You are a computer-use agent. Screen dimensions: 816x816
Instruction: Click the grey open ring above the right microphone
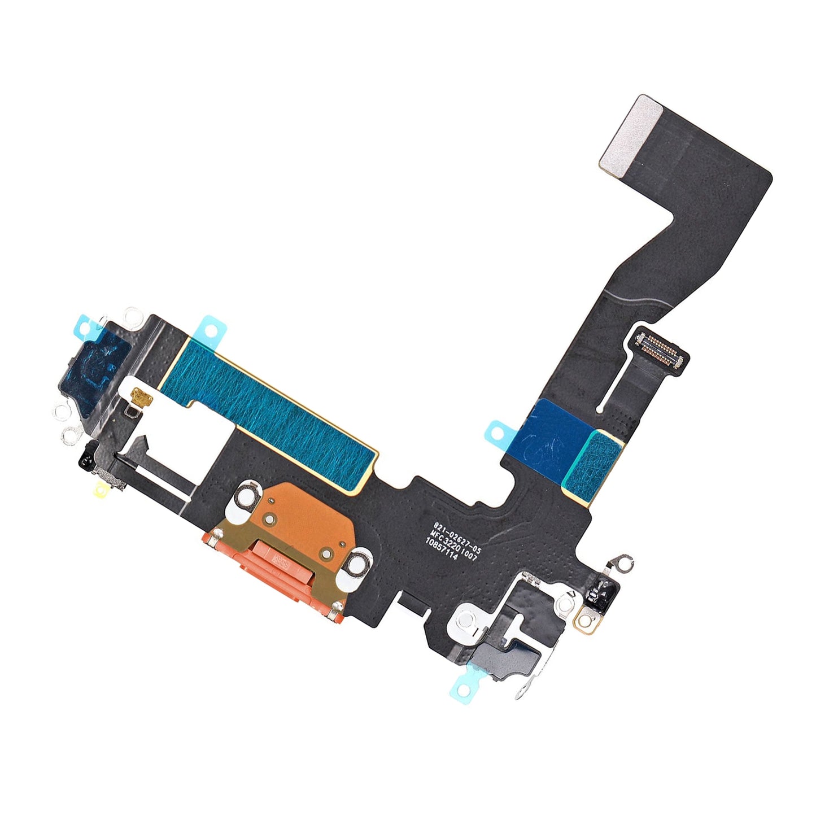tap(623, 560)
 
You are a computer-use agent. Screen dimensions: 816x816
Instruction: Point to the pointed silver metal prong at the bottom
tap(523, 692)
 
